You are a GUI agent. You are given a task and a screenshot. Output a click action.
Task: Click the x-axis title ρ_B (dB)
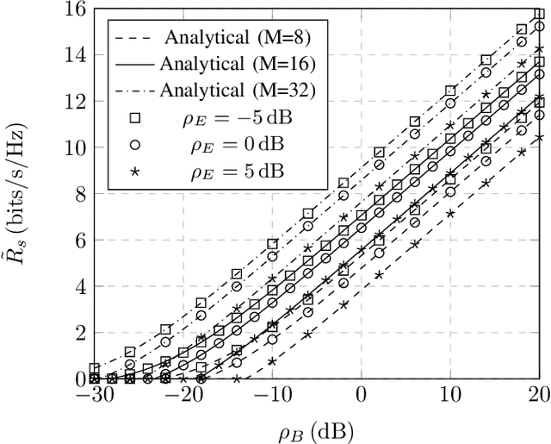(317, 428)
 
